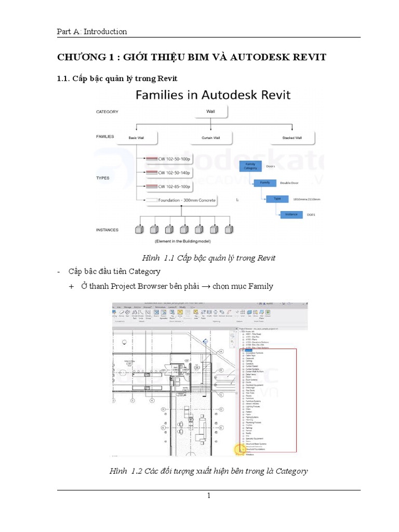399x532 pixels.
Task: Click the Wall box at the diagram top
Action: tap(210, 111)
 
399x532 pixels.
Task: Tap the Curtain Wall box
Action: tap(211, 138)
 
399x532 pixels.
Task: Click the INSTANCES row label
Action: tap(108, 229)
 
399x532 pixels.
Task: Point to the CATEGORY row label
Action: tap(108, 111)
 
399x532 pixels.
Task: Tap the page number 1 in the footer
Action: tap(208, 496)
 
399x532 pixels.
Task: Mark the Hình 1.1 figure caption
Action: tap(209, 258)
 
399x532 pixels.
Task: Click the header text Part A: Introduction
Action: tap(91, 32)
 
